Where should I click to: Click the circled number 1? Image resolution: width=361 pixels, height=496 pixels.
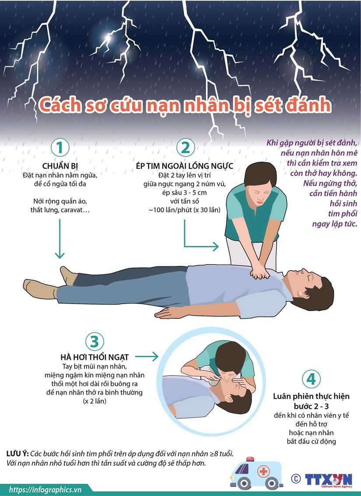point(60,147)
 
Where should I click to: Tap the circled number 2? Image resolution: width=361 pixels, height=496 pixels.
point(186,147)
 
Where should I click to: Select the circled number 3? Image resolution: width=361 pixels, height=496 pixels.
point(95,341)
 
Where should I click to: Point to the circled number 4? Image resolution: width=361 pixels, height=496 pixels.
point(311,379)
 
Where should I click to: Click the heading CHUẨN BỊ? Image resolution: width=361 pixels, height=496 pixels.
point(60,166)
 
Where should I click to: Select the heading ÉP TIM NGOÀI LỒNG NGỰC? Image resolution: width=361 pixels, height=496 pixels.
point(185,166)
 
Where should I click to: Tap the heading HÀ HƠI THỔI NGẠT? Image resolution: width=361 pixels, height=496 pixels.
point(95,357)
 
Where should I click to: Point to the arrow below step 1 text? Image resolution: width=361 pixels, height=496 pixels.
point(60,239)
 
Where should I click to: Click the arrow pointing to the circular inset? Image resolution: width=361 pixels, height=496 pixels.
point(147,357)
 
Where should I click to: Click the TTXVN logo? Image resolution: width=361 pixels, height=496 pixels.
point(329,480)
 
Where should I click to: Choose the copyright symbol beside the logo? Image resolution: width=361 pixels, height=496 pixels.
point(296,478)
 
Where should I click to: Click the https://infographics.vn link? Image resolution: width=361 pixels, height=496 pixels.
point(45,490)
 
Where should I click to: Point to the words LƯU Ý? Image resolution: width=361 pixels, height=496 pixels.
point(18,453)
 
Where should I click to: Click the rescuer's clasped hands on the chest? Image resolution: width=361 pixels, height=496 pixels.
point(259,272)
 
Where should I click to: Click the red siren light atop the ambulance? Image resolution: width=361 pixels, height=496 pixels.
point(250,459)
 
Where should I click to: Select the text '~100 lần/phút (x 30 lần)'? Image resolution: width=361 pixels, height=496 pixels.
point(185,210)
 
